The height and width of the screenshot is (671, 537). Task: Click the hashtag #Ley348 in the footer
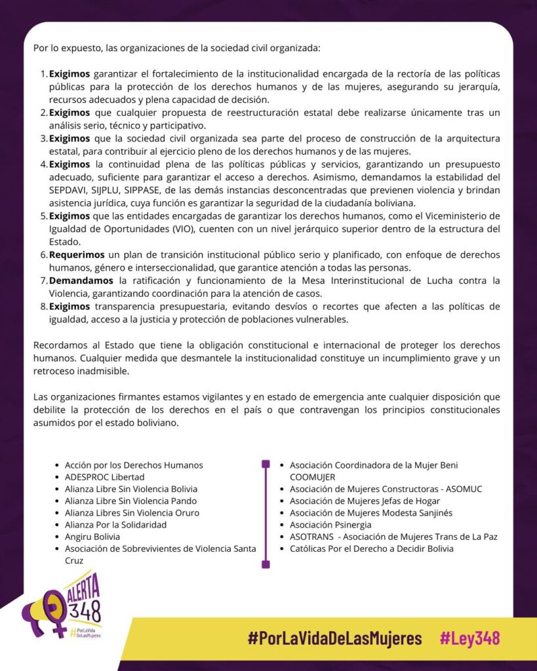tap(469, 638)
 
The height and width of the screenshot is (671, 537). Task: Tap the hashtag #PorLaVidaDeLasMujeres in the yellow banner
tap(334, 638)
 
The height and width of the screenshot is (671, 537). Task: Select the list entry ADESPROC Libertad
tap(104, 477)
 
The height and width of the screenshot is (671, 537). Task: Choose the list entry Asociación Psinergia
tap(330, 525)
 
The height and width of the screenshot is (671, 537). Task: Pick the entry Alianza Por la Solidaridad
tap(115, 525)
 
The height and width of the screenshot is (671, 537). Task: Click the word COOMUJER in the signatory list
tap(312, 477)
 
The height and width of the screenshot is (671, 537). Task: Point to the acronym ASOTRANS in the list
tap(311, 537)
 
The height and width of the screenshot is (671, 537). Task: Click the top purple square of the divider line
tap(266, 464)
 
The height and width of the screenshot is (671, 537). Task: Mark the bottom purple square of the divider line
tap(266, 564)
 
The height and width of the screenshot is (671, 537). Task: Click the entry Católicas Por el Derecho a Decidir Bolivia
tap(371, 548)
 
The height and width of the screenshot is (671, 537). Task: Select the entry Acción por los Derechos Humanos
tap(134, 465)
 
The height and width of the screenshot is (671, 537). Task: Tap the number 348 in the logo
tap(87, 611)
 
